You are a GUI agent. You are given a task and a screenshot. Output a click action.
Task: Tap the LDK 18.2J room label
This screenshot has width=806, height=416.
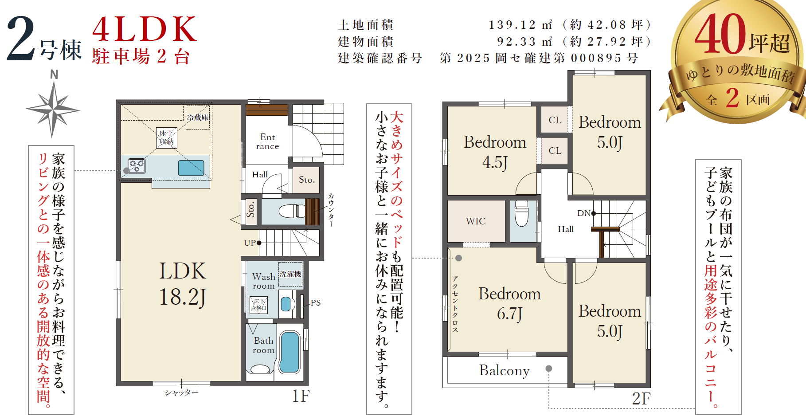pyautogui.click(x=183, y=284)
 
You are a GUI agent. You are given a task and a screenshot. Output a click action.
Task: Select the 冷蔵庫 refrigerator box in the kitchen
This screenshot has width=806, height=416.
pyautogui.click(x=198, y=118)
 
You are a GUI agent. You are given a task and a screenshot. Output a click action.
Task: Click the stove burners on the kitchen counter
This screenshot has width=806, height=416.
pyautogui.click(x=137, y=166)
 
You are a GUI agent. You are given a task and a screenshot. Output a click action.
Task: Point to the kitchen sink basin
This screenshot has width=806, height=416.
pyautogui.click(x=191, y=168)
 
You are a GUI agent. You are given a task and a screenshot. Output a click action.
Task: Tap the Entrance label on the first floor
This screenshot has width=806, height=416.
pyautogui.click(x=267, y=141)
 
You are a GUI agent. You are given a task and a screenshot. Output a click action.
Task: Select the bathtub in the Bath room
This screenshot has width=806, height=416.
pyautogui.click(x=290, y=352)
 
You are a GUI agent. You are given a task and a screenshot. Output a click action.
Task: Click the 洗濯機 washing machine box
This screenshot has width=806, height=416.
pyautogui.click(x=290, y=275)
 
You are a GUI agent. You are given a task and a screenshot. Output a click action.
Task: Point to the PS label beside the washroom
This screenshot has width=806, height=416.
pyautogui.click(x=316, y=302)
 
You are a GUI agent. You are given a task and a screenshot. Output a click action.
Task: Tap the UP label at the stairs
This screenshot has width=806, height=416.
pyautogui.click(x=250, y=243)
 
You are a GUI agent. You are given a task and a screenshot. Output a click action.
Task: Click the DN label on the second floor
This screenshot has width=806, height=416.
pyautogui.click(x=583, y=213)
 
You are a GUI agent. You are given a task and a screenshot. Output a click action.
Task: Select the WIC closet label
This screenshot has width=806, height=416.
pyautogui.click(x=476, y=221)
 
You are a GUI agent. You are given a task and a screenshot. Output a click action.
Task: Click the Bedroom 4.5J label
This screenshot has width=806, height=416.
pyautogui.click(x=495, y=152)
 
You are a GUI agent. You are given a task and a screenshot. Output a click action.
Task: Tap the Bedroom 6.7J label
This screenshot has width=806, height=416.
pyautogui.click(x=509, y=304)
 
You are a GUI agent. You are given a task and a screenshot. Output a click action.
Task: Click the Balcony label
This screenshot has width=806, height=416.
pyautogui.click(x=505, y=370)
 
